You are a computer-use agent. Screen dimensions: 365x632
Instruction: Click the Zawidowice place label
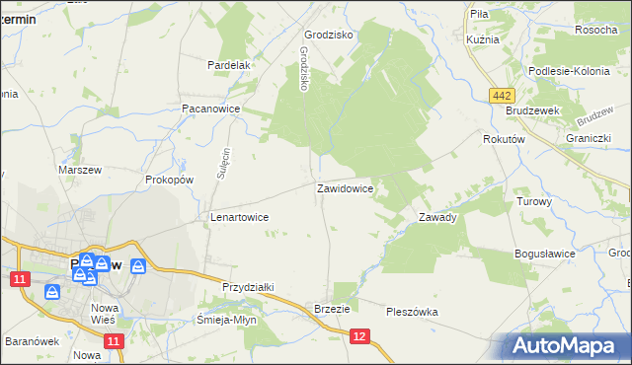click(345, 187)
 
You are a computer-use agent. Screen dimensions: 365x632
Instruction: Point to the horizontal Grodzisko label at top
click(329, 34)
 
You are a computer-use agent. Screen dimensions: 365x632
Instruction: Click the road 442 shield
click(502, 94)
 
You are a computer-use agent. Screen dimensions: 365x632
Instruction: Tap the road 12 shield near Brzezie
click(359, 337)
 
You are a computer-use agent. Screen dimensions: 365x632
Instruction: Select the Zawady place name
click(437, 217)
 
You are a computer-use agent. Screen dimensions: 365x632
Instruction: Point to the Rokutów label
click(503, 140)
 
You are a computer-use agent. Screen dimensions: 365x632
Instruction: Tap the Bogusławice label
click(545, 254)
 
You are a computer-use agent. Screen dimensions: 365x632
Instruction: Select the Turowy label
click(534, 200)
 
